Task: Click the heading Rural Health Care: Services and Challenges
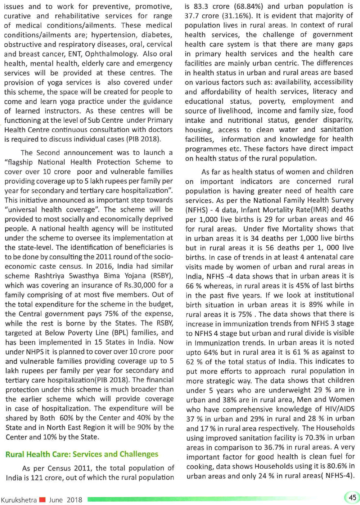(x=82, y=454)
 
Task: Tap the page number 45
(x=352, y=497)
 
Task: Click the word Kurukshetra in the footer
(x=19, y=500)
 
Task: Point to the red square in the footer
(x=42, y=500)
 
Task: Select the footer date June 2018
(x=66, y=500)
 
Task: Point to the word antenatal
(x=314, y=257)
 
